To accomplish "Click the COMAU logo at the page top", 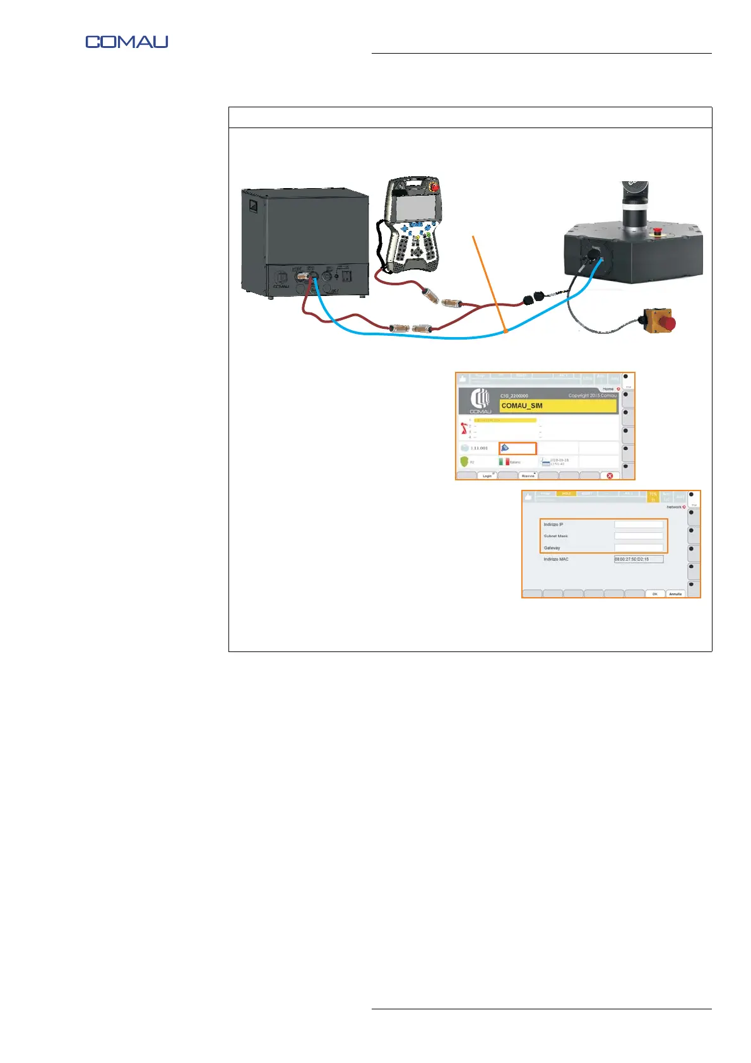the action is point(127,42).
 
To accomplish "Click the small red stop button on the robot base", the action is point(656,230).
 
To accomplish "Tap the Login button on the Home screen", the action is point(487,475).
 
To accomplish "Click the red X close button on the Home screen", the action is point(610,475).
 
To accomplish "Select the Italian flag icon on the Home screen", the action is point(504,462).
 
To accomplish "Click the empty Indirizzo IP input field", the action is point(639,525).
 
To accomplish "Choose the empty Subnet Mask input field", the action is point(639,536).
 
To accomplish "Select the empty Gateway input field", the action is point(639,547).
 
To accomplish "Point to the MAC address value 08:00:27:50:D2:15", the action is point(638,559).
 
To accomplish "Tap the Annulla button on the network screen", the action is point(675,594).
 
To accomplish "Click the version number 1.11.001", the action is point(479,448).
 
